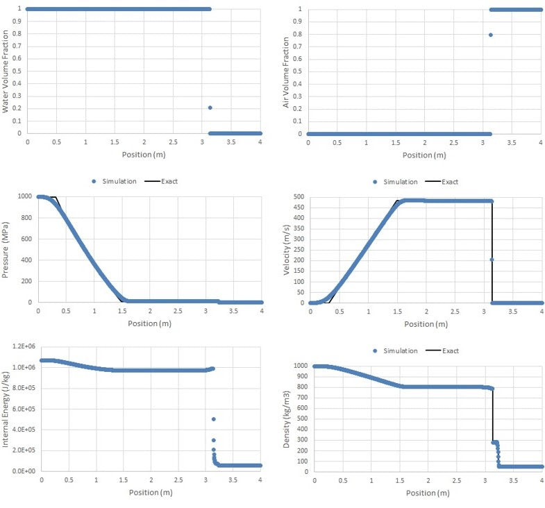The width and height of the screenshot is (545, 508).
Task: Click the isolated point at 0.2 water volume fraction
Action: [210, 108]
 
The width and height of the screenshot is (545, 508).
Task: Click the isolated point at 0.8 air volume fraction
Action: [490, 35]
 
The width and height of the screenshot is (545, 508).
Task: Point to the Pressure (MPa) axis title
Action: [6, 249]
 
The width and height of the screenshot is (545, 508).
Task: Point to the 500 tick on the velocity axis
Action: [297, 196]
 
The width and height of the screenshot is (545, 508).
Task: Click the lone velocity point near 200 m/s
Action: [492, 260]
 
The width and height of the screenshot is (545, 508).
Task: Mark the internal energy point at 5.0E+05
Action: [213, 419]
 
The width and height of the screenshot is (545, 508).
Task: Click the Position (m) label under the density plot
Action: [428, 493]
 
